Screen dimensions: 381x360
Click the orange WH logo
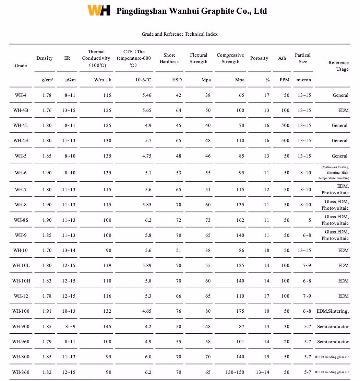pos(99,10)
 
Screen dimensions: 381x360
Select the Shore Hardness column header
pos(169,58)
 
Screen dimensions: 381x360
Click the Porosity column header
pos(259,58)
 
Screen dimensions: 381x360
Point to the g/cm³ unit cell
pos(47,80)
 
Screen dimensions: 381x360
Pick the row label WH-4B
pos(21,111)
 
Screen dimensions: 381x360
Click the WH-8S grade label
pos(21,220)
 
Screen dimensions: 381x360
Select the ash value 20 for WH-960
pos(287,342)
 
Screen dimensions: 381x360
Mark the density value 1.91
pos(47,311)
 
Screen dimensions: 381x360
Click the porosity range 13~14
pos(263,372)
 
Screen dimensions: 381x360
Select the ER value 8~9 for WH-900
pos(70,326)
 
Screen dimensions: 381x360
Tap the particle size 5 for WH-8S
pos(309,220)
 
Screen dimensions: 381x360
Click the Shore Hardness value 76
pos(178,311)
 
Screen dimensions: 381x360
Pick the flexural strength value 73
pos(208,220)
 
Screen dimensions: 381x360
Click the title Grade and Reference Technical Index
pos(180,34)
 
